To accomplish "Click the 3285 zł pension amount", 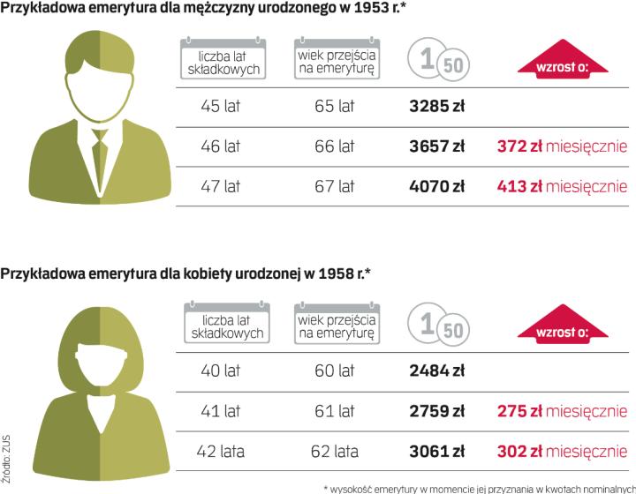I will click(x=437, y=108).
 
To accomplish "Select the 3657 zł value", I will click(x=437, y=147).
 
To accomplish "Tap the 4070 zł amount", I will click(x=437, y=187).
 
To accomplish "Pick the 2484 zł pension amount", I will click(x=437, y=371).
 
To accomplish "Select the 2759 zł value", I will click(x=437, y=411).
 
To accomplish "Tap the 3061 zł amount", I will click(x=437, y=452).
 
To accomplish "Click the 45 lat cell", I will click(x=221, y=108).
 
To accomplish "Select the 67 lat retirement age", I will click(x=334, y=187).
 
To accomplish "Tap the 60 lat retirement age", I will click(x=334, y=371).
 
